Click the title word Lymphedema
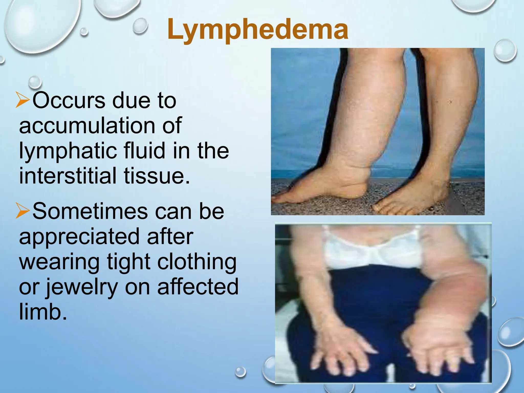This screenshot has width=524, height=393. [258, 30]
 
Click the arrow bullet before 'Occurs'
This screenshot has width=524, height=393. [23, 100]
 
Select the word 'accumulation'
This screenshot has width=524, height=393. [86, 125]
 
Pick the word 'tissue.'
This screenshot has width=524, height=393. [157, 176]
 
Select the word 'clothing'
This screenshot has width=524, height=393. [197, 262]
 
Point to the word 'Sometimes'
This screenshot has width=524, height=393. [90, 211]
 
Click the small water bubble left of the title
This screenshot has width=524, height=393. [140, 26]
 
